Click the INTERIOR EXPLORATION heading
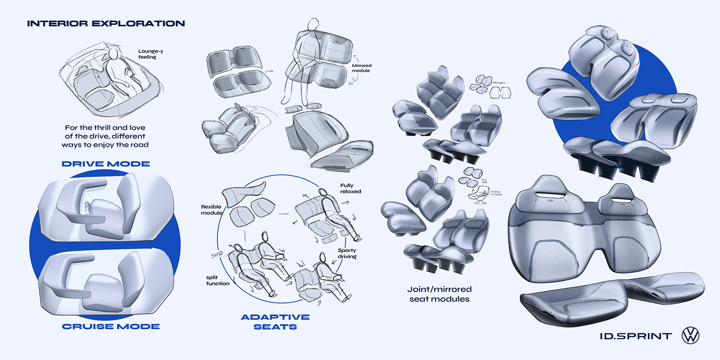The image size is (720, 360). pyautogui.click(x=105, y=23)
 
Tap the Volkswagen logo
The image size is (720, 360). pyautogui.click(x=691, y=335)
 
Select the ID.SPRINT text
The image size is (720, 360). pyautogui.click(x=636, y=336)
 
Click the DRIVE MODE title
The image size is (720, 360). pyautogui.click(x=105, y=164)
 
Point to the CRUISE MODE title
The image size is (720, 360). pyautogui.click(x=111, y=326)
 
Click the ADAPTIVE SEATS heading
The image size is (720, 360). pyautogui.click(x=275, y=321)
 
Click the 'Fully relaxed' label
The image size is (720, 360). pyautogui.click(x=350, y=188)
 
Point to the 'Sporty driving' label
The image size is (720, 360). pyautogui.click(x=347, y=254)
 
